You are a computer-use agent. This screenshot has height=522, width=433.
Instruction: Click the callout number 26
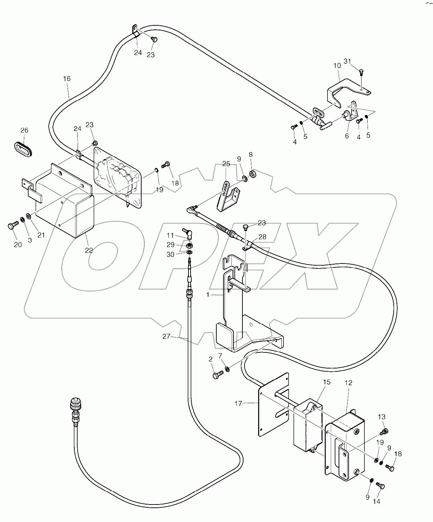(x=24, y=130)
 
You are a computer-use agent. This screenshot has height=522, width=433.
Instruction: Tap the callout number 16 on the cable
(x=67, y=79)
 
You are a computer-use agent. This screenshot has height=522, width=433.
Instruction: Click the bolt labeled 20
(x=12, y=226)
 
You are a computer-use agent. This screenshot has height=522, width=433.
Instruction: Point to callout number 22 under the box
(x=89, y=250)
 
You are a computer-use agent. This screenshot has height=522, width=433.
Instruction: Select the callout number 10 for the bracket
(x=337, y=66)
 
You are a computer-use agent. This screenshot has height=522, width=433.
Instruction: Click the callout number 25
(x=226, y=164)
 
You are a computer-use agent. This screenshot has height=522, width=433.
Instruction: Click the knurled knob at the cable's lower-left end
(x=75, y=405)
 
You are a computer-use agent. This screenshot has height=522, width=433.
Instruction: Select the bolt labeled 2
(x=217, y=375)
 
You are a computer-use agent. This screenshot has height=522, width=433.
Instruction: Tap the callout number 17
(x=238, y=403)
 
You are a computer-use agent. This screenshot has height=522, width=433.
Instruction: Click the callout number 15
(x=326, y=382)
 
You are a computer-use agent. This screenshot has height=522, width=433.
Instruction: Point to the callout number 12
(x=348, y=383)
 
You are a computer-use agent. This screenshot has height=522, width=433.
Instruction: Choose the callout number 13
(x=382, y=417)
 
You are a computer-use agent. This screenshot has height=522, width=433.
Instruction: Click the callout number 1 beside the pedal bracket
(x=207, y=295)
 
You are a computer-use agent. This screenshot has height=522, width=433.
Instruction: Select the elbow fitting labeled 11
(x=187, y=233)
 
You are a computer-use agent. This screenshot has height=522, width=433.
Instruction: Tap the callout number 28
(x=262, y=237)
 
